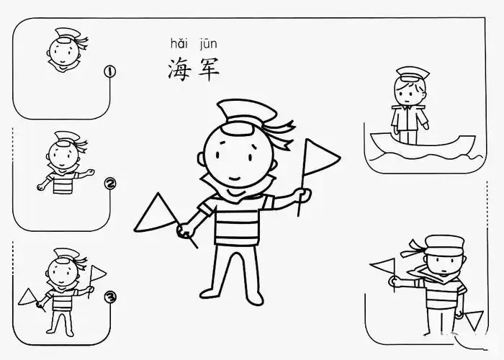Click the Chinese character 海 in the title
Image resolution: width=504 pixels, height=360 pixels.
(x=178, y=70)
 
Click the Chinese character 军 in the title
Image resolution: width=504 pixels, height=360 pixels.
(x=206, y=70)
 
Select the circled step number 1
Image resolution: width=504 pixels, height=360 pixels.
(x=110, y=71)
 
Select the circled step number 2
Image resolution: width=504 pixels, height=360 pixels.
(x=110, y=184)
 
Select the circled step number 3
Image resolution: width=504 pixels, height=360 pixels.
(x=110, y=295)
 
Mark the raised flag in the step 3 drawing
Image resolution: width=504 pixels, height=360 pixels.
(x=97, y=273)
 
